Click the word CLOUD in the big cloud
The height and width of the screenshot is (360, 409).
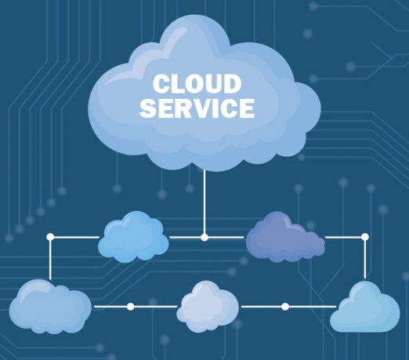click(197, 83)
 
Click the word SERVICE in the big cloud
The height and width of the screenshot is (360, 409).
click(197, 108)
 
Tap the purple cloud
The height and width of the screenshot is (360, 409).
click(285, 237)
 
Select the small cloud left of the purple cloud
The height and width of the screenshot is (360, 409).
click(133, 237)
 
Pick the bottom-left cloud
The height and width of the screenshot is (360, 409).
click(50, 307)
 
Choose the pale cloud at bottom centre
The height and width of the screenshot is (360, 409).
click(208, 307)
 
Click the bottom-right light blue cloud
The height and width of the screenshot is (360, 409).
click(365, 307)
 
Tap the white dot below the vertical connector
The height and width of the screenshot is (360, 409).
click(204, 238)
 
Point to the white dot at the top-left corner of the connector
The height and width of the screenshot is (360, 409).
click(50, 237)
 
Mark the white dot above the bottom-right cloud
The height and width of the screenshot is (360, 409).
click(365, 237)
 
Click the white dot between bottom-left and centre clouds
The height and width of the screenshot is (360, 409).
click(130, 307)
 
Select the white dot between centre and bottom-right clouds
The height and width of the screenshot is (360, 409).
click(285, 307)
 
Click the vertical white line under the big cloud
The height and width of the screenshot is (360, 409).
click(204, 202)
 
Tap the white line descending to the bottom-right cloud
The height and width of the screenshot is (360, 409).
click(365, 260)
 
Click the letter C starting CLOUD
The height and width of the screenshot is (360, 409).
click(161, 84)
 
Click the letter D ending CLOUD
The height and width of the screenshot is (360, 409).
click(233, 84)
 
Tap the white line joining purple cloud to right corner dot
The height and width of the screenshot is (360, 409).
click(343, 238)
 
